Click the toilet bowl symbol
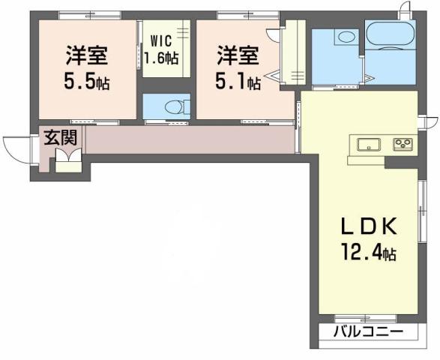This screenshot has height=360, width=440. click(x=169, y=106)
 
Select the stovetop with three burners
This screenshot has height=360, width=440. click(x=403, y=143)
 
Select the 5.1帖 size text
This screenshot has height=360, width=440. click(x=238, y=80)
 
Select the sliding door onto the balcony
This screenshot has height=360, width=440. click(x=365, y=318)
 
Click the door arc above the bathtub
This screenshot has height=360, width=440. click(x=406, y=11)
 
